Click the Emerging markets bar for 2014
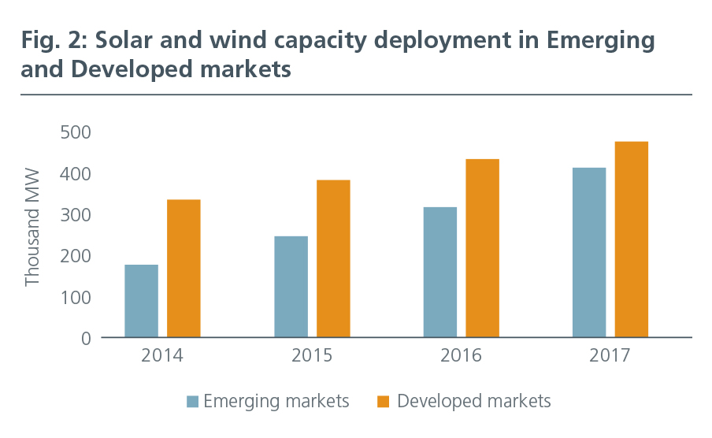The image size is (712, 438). tap(141, 301)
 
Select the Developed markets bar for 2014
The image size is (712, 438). tap(184, 269)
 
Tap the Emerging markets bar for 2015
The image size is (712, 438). tap(291, 287)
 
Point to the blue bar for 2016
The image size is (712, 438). tap(439, 273)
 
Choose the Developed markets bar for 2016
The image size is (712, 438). tap(482, 248)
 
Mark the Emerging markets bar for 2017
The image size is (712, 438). tap(589, 253)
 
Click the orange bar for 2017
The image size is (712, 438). tap(632, 239)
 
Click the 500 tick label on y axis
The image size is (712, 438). tap(75, 132)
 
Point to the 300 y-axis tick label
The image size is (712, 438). tap(75, 215)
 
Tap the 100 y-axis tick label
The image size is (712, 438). tap(75, 298)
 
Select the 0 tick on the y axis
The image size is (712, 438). tap(85, 339)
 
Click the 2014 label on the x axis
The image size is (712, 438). tap(162, 356)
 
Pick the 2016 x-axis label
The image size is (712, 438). tap(461, 356)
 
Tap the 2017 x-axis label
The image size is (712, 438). tap(610, 356)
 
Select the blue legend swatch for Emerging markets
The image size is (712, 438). tap(193, 402)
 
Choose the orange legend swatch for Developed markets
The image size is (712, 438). tap(384, 402)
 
